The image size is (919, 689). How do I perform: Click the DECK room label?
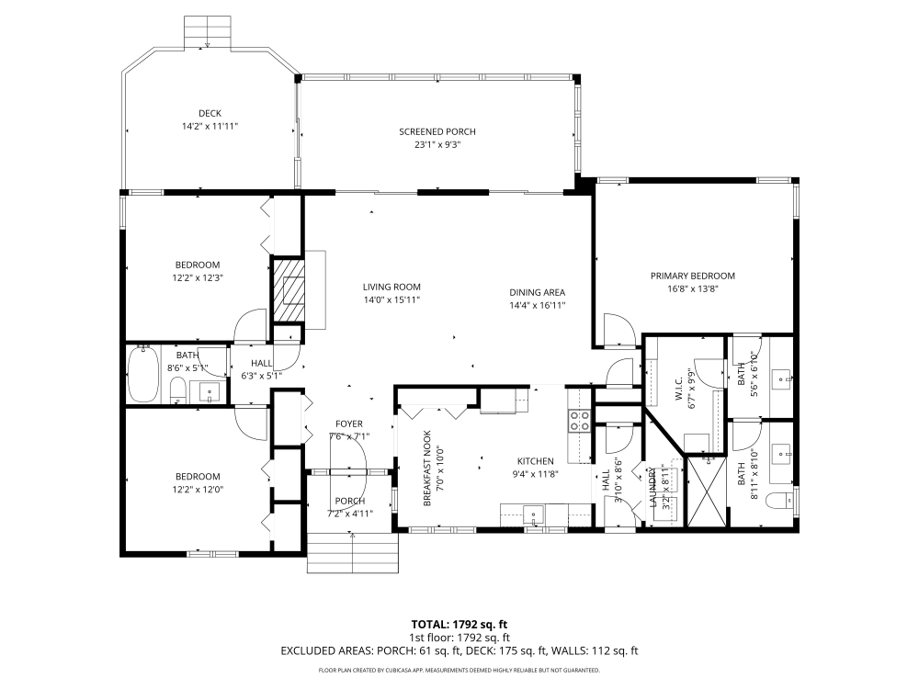pyautogui.click(x=210, y=113)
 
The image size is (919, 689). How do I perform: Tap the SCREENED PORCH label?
pyautogui.click(x=437, y=131)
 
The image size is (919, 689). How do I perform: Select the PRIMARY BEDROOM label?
pyautogui.click(x=693, y=276)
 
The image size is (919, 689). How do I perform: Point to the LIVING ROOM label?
pyautogui.click(x=391, y=287)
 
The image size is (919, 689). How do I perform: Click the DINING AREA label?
pyautogui.click(x=538, y=292)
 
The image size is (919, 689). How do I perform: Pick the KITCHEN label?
pyautogui.click(x=536, y=461)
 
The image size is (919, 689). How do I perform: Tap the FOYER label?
pyautogui.click(x=349, y=424)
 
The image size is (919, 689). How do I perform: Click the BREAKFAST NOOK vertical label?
pyautogui.click(x=427, y=469)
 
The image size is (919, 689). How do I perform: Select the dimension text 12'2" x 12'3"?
pyautogui.click(x=198, y=277)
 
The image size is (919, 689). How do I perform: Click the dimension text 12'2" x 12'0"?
pyautogui.click(x=198, y=490)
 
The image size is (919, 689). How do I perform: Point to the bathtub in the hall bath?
pyautogui.click(x=143, y=374)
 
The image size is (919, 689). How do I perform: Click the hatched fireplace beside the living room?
pyautogui.click(x=289, y=289)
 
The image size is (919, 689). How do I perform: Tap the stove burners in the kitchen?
pyautogui.click(x=580, y=421)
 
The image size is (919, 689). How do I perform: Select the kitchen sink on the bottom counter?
pyautogui.click(x=534, y=515)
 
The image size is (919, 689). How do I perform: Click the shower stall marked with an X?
pyautogui.click(x=708, y=491)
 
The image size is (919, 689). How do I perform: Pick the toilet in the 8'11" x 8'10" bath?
pyautogui.click(x=779, y=501)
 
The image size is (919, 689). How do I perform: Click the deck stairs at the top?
pyautogui.click(x=207, y=33)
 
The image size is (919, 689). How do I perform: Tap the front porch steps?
pyautogui.click(x=353, y=553)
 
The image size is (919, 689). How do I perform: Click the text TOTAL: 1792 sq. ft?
pyautogui.click(x=459, y=625)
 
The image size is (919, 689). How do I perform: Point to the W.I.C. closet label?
pyautogui.click(x=679, y=388)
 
